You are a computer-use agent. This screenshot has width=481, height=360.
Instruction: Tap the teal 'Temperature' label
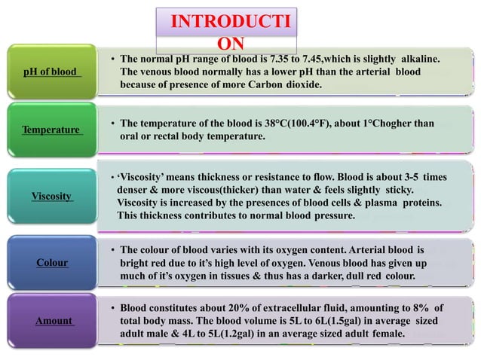(51, 130)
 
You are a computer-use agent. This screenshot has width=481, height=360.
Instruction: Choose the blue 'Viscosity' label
(51, 196)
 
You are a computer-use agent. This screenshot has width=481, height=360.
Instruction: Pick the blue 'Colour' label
(51, 263)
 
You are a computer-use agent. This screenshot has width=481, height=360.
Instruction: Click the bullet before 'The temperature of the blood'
(112, 124)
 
